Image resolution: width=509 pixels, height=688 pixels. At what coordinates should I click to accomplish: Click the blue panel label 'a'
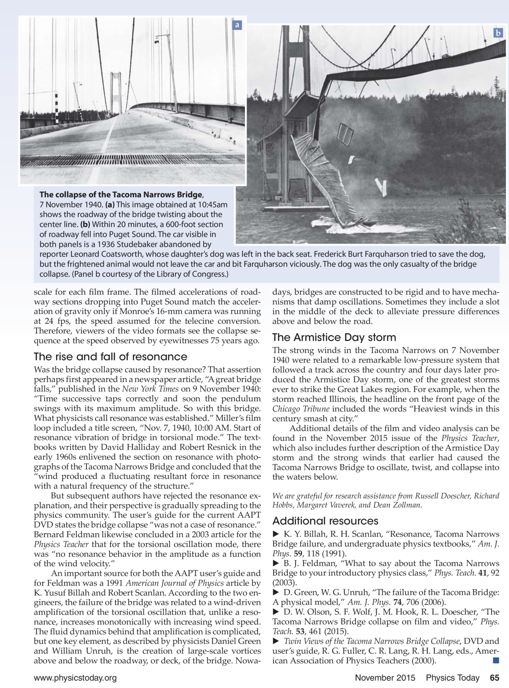click(237, 25)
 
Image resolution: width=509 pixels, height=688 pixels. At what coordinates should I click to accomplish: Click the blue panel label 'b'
click(498, 33)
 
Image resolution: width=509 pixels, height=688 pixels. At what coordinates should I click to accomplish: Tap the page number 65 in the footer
click(495, 678)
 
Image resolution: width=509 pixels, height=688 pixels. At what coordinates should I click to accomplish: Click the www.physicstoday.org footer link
click(75, 678)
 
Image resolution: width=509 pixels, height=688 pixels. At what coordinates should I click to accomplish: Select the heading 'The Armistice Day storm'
click(334, 337)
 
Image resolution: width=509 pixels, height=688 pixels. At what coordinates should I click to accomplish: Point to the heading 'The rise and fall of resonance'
click(110, 357)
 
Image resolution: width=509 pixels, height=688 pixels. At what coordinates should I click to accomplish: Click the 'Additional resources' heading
click(325, 521)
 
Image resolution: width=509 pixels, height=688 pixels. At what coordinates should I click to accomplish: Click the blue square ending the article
click(496, 661)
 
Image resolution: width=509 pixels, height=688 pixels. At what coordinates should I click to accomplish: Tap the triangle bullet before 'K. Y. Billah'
click(275, 534)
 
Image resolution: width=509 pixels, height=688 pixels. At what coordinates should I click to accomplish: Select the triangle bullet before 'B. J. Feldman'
click(275, 563)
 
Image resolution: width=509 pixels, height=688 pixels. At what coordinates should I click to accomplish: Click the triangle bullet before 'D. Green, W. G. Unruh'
click(275, 593)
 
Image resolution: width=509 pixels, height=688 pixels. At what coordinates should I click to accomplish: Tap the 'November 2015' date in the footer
click(385, 678)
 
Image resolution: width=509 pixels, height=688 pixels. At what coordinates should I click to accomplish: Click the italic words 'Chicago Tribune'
click(300, 409)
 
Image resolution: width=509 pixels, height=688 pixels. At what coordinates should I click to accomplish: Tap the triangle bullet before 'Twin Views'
click(275, 641)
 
